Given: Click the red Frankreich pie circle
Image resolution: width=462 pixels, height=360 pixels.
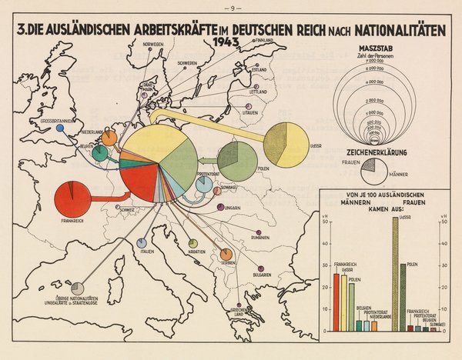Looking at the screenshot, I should click(72, 198).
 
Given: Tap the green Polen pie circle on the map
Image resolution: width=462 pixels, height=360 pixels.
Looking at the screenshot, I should click(237, 160).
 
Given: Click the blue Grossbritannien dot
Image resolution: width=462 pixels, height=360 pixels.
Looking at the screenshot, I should click(60, 130).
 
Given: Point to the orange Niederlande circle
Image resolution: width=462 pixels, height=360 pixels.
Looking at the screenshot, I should click(111, 138).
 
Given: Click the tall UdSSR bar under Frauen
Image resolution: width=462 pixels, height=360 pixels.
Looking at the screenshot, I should click(395, 276).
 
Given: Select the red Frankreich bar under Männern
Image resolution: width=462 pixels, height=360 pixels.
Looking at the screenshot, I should click(336, 302).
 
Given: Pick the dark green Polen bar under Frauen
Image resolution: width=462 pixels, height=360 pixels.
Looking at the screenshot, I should click(403, 297).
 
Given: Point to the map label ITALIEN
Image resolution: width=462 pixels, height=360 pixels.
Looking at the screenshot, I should click(142, 252).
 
